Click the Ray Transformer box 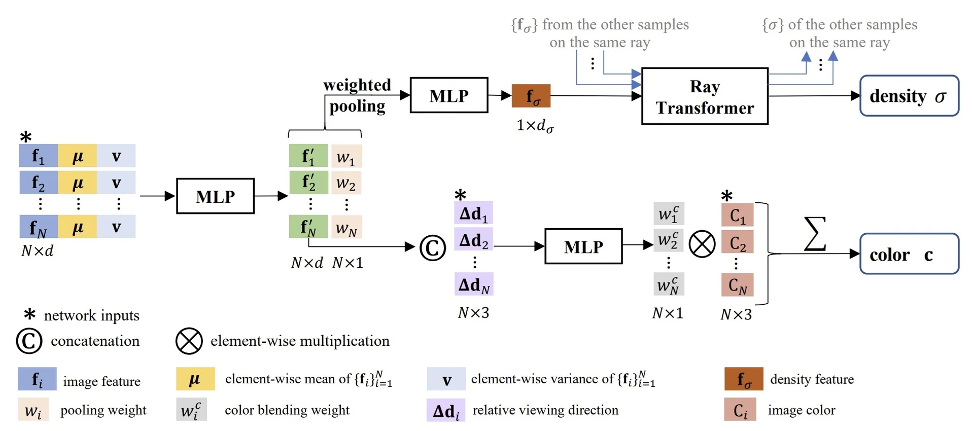pyautogui.click(x=705, y=96)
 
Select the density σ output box pyautogui.click(x=909, y=96)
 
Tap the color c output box pyautogui.click(x=909, y=254)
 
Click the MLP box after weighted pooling pyautogui.click(x=449, y=95)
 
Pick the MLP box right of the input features pyautogui.click(x=215, y=196)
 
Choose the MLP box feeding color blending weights pyautogui.click(x=583, y=246)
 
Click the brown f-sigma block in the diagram pyautogui.click(x=531, y=96)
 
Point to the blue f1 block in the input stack pyautogui.click(x=39, y=156)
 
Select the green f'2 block pyautogui.click(x=308, y=182)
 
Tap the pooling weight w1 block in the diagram pyautogui.click(x=346, y=156)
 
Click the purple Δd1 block pyautogui.click(x=473, y=213)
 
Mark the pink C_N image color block pyautogui.click(x=737, y=285)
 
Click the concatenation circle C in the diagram pyautogui.click(x=433, y=248)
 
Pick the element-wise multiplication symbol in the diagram pyautogui.click(x=702, y=244)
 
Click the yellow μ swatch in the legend pyautogui.click(x=195, y=379)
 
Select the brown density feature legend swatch pyautogui.click(x=744, y=379)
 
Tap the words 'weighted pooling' pyautogui.click(x=357, y=95)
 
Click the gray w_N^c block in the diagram pyautogui.click(x=669, y=285)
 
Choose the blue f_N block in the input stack pyautogui.click(x=39, y=227)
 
